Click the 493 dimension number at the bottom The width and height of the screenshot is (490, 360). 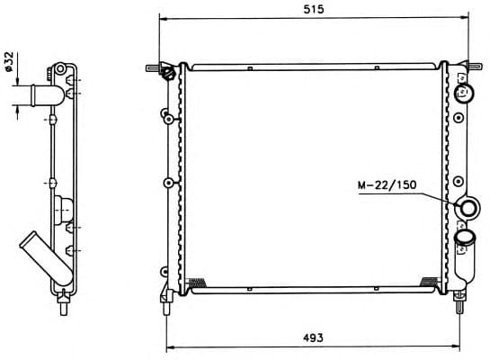tap(313, 337)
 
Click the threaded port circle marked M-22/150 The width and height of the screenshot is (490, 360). tap(468, 209)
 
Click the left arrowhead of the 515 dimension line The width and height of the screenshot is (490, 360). tap(162, 18)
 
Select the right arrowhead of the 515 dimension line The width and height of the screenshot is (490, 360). tap(465, 18)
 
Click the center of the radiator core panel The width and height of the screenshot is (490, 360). tap(313, 178)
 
